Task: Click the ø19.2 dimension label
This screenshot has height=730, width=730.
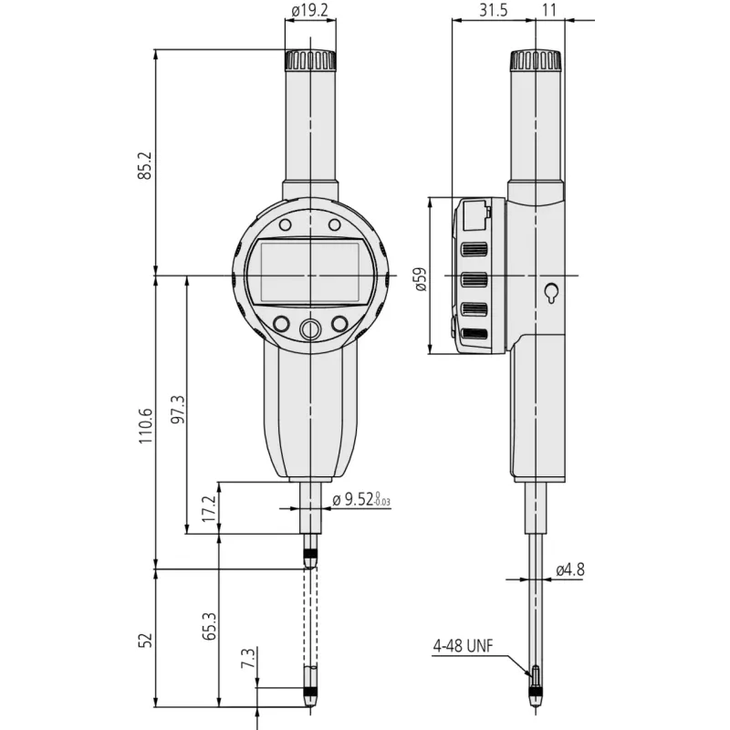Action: coord(310,10)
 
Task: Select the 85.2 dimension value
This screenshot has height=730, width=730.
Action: coord(146,165)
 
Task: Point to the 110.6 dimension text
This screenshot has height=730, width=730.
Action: coord(146,425)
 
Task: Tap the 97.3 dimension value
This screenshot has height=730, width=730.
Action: coord(178,409)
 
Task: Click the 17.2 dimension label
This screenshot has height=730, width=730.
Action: coord(210,508)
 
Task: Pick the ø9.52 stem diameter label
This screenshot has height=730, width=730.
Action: coord(361,499)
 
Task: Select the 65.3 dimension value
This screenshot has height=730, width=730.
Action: coord(210,626)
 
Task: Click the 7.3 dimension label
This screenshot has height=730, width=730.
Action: coord(248,658)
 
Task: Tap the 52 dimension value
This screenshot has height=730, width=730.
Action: coord(146,641)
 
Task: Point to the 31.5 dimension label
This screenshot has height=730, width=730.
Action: coord(494,10)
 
